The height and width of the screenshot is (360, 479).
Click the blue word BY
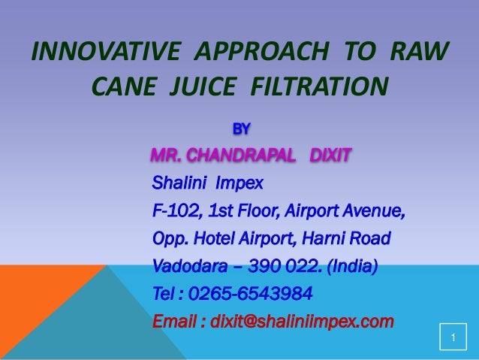242,129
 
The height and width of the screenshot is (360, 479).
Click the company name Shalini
179,183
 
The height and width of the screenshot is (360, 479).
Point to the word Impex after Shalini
239,183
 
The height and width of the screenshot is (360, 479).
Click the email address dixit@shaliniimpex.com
302,322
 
